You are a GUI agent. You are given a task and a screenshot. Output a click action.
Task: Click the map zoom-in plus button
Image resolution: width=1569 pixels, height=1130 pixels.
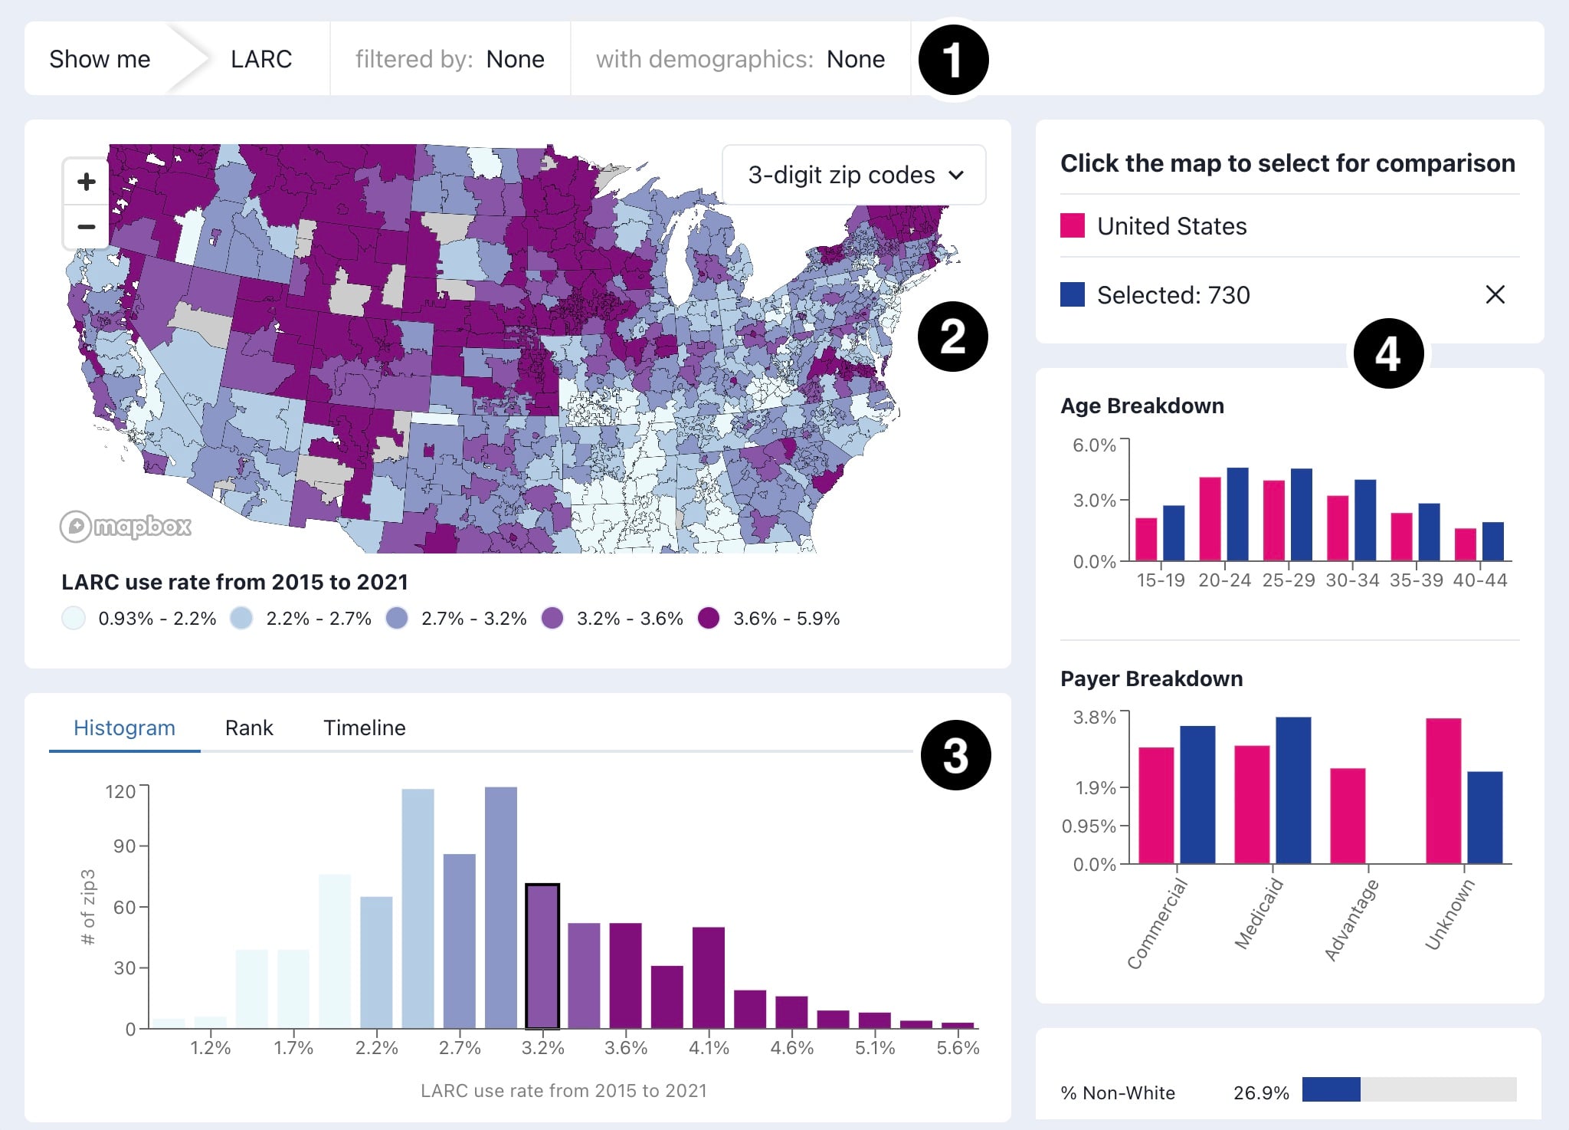pos(87,182)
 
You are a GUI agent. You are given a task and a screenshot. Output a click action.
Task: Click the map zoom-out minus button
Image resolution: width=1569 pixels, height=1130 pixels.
pos(87,227)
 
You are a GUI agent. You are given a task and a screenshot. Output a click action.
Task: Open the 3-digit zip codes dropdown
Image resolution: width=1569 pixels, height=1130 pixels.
pos(853,176)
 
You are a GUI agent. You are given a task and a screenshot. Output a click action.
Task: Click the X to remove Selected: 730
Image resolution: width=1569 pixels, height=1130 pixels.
pos(1495,294)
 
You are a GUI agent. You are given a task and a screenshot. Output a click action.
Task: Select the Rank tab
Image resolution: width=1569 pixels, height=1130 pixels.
pos(249,728)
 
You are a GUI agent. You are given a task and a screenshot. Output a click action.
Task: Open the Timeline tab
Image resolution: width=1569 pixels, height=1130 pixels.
pos(364,728)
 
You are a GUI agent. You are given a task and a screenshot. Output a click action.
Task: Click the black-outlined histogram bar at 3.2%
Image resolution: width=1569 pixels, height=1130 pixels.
pos(542,955)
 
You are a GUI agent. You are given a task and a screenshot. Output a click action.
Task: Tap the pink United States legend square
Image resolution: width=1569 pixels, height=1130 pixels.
pos(1072,226)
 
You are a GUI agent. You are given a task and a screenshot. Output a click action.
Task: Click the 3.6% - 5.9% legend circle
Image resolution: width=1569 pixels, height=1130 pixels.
pos(709,618)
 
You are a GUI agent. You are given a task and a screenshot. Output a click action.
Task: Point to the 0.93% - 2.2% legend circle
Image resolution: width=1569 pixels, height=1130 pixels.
pos(74,618)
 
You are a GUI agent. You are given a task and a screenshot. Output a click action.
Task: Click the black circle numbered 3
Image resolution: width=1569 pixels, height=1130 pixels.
pos(955,755)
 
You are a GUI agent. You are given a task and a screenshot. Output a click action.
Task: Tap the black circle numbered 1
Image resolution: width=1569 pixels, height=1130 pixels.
pos(952,60)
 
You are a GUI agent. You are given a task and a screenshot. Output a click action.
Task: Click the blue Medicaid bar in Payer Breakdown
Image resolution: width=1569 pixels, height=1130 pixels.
pos(1293,790)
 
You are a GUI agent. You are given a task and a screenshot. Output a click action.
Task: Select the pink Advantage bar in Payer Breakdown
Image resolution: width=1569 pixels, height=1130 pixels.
pos(1348,816)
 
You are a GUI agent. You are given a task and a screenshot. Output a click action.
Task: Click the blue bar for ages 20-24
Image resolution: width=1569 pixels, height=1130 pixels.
pos(1237,514)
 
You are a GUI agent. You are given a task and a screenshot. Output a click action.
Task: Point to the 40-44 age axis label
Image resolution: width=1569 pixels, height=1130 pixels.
pos(1479,580)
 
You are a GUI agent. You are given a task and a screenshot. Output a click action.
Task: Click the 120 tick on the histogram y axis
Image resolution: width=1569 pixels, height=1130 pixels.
pos(120,791)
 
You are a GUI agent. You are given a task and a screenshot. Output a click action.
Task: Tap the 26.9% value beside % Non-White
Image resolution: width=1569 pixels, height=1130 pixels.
pos(1261,1092)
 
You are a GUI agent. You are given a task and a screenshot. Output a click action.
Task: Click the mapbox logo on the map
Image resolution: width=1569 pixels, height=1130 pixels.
pos(126,527)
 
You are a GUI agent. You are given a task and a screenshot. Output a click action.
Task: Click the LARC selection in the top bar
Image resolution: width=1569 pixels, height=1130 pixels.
pos(261,59)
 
